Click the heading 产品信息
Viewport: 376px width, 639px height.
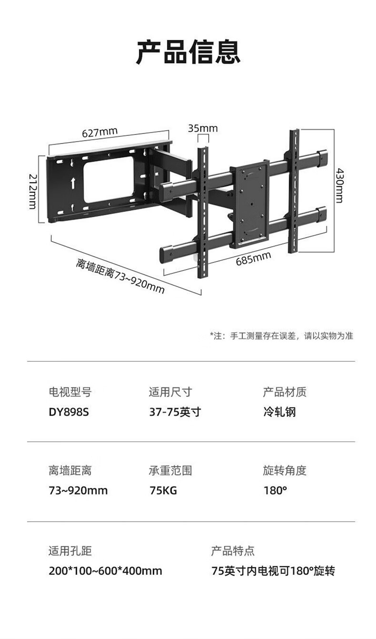(x=188, y=52)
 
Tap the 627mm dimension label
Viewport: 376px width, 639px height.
(x=100, y=132)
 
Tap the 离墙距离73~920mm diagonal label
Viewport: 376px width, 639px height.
(x=120, y=275)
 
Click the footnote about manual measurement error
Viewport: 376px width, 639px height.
(x=281, y=336)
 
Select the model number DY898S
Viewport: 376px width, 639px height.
(x=69, y=412)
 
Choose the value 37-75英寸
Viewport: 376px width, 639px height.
(x=175, y=412)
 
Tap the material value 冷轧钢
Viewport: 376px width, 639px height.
(x=279, y=412)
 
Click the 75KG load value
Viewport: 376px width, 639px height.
(x=163, y=490)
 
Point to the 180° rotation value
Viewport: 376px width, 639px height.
(x=275, y=490)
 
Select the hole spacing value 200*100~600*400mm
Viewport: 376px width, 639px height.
(x=105, y=571)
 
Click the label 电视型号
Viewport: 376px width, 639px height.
(x=70, y=392)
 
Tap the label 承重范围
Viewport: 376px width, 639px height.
(x=170, y=471)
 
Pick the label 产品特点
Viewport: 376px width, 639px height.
(x=233, y=551)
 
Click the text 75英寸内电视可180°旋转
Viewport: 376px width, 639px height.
(x=273, y=571)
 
